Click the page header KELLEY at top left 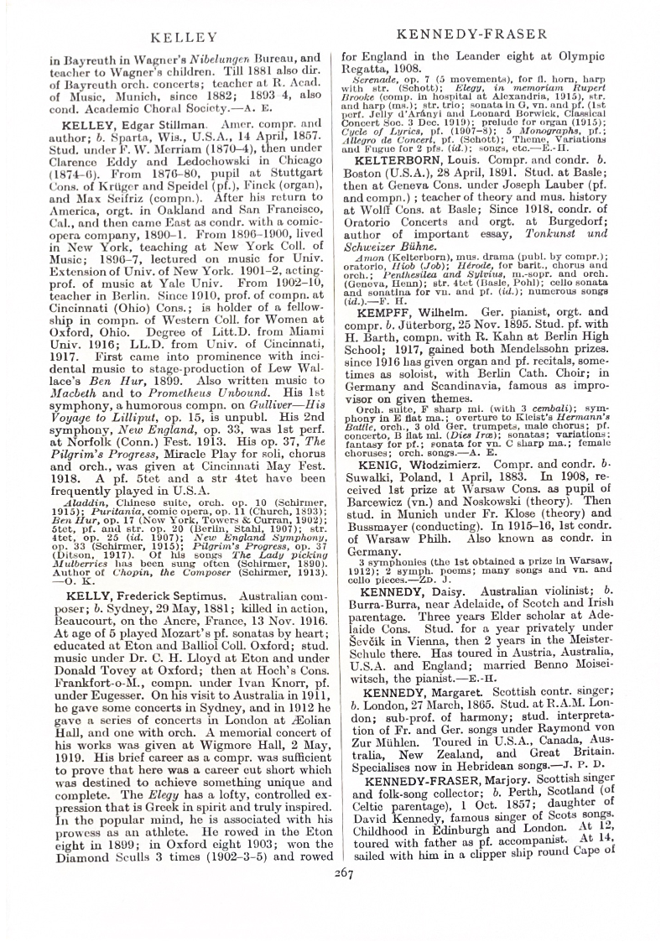[182, 37]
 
